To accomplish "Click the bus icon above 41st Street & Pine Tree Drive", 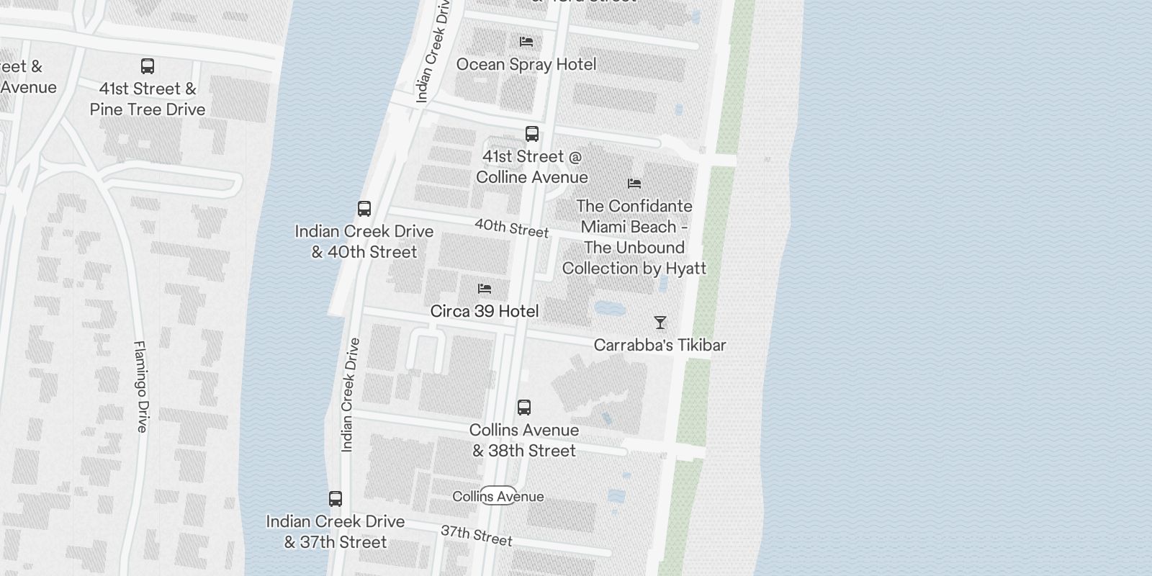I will click(x=148, y=66).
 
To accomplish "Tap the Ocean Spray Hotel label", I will click(x=526, y=64).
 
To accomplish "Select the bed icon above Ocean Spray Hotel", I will click(x=526, y=42).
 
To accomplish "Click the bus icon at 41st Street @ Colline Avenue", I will click(x=532, y=134).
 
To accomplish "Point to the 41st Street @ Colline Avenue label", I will click(x=532, y=167).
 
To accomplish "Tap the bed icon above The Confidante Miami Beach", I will click(x=634, y=184).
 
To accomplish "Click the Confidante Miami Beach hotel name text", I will click(x=634, y=237).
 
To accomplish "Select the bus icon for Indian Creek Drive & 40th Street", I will click(x=364, y=209).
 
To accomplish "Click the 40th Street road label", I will click(x=511, y=228).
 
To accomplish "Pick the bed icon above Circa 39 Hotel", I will click(x=485, y=289).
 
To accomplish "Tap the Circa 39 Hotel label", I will click(x=485, y=311).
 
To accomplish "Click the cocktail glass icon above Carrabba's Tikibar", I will click(x=660, y=323).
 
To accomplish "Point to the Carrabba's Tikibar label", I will click(x=660, y=345).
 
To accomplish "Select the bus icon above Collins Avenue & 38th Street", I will click(x=524, y=408).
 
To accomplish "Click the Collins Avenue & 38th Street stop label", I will click(x=524, y=440).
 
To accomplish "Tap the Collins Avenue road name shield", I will click(x=498, y=496).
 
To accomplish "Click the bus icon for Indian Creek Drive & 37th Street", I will click(x=336, y=499).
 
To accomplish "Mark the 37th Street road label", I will click(x=476, y=536).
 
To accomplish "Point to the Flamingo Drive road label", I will click(x=140, y=387).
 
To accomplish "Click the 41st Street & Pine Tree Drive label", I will click(x=148, y=99).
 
